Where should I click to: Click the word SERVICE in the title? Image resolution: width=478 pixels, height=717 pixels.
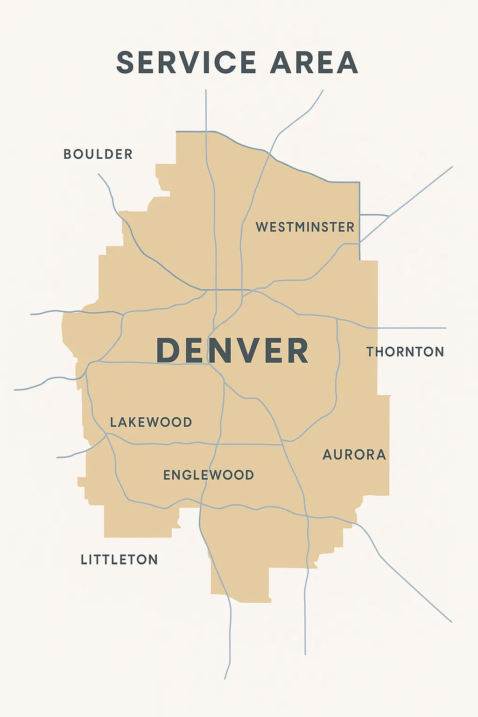coord(186,63)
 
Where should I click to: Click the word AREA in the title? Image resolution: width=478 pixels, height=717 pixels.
coord(314,63)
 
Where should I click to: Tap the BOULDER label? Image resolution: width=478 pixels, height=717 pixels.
coord(98,154)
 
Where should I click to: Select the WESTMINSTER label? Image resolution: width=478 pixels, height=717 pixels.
coord(305,227)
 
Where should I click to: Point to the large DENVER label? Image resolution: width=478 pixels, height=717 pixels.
coord(232,350)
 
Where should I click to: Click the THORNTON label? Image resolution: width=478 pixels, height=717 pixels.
coord(405,351)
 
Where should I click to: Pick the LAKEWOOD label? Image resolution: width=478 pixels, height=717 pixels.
coord(151,422)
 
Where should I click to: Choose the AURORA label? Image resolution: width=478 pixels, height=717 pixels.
coord(354,455)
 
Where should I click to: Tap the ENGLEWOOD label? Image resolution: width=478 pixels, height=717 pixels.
coord(209,475)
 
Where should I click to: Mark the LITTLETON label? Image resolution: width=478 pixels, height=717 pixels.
coord(119,559)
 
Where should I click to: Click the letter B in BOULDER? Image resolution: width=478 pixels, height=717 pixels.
coord(68,154)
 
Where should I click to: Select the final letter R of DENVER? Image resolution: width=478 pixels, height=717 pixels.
coord(297,350)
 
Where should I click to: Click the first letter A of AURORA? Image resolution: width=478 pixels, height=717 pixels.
coord(328,455)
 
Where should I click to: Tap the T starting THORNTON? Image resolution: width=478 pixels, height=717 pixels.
coord(371,351)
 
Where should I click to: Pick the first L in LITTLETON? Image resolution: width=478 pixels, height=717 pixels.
coord(84,559)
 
